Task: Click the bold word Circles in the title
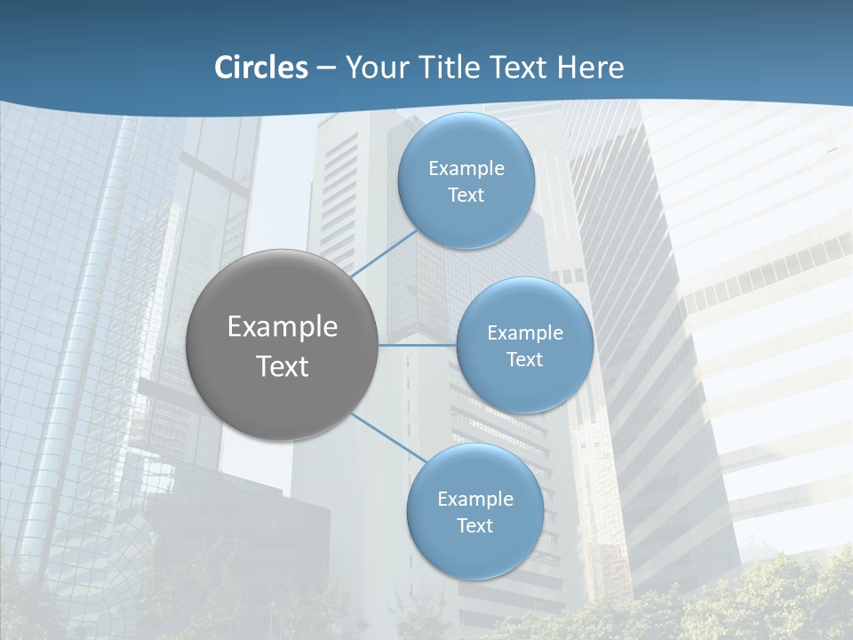[261, 68]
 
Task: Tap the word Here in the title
[591, 68]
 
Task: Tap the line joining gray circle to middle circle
[417, 345]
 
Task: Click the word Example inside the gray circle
[282, 327]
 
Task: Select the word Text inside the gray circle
[282, 366]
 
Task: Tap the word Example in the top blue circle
[466, 169]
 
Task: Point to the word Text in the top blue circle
[466, 196]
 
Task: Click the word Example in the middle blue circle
[524, 333]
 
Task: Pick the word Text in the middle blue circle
[524, 360]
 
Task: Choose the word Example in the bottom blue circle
[474, 500]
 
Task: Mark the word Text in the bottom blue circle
[474, 526]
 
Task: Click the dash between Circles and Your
[326, 68]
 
